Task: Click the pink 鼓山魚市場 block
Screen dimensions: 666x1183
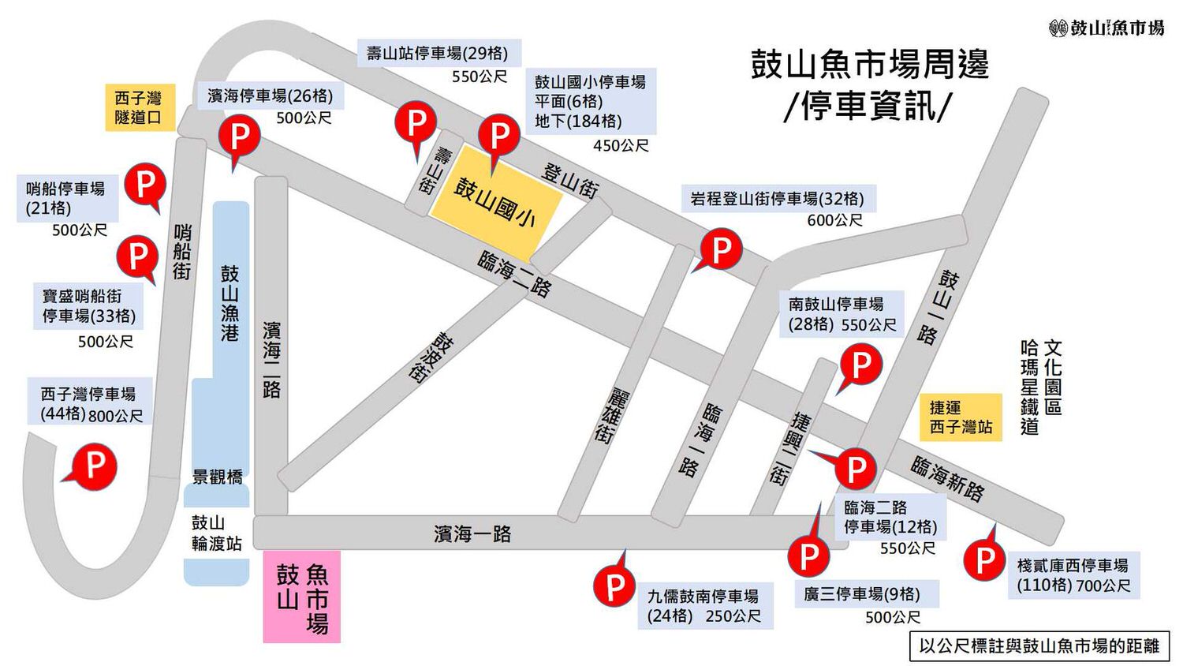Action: [x=301, y=597]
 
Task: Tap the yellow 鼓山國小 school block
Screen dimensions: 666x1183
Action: [x=495, y=201]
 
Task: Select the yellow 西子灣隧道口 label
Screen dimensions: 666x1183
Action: [x=139, y=107]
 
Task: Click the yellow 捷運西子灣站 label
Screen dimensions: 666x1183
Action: [x=960, y=417]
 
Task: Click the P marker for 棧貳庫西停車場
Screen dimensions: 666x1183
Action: [x=985, y=559]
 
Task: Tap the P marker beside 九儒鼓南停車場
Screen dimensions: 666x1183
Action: [x=614, y=586]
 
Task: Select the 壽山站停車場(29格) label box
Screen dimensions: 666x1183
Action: [x=438, y=54]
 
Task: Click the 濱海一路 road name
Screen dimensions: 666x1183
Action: [x=472, y=534]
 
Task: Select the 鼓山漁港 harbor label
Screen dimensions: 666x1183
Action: [x=230, y=303]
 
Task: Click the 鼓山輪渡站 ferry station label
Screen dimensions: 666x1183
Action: [x=216, y=533]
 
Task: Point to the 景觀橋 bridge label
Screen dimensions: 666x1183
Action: [x=218, y=477]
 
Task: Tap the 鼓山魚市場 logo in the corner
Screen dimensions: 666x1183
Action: [x=1106, y=28]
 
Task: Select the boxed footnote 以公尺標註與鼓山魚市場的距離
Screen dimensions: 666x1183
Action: [x=1039, y=645]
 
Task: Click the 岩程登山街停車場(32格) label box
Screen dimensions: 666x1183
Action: [x=777, y=199]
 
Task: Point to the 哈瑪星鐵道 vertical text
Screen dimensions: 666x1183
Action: [x=1029, y=387]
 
